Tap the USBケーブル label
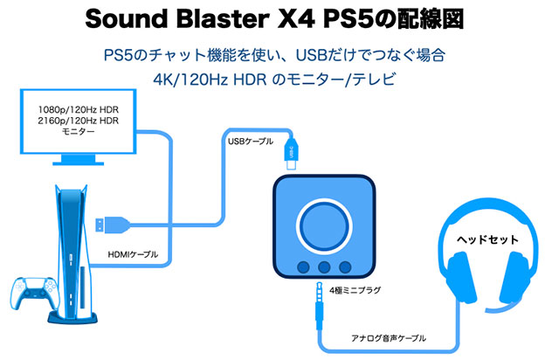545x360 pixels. pyautogui.click(x=249, y=142)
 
